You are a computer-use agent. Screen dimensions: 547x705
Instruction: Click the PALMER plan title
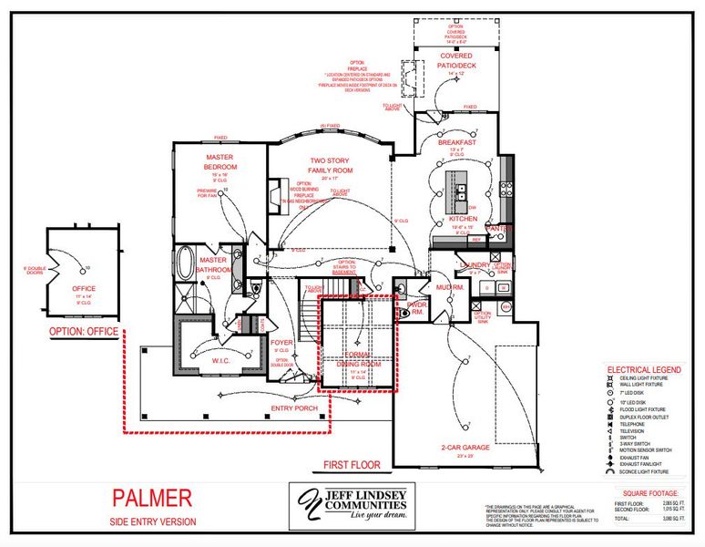pyautogui.click(x=152, y=498)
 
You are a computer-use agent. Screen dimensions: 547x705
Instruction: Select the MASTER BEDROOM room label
pyautogui.click(x=220, y=161)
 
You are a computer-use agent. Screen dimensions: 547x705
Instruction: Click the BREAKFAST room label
pyautogui.click(x=456, y=143)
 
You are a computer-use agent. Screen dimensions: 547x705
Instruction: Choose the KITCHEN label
pyautogui.click(x=463, y=220)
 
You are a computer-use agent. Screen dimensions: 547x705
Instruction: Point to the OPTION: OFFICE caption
pyautogui.click(x=77, y=331)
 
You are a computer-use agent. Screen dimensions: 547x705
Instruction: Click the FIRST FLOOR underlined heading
pyautogui.click(x=352, y=465)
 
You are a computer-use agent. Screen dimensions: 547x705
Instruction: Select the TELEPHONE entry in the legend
pyautogui.click(x=632, y=424)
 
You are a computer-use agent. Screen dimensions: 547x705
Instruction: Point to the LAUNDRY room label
pyautogui.click(x=475, y=265)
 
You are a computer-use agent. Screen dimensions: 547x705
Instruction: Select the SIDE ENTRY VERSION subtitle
pyautogui.click(x=152, y=521)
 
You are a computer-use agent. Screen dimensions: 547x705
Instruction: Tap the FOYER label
pyautogui.click(x=281, y=343)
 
